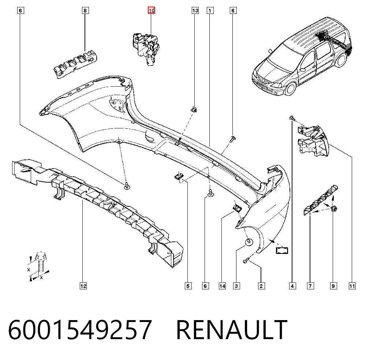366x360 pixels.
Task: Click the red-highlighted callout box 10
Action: coord(151,11)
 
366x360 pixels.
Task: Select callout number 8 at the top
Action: coord(85,11)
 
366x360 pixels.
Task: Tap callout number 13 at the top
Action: coord(195,11)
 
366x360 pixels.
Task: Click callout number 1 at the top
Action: coord(210,11)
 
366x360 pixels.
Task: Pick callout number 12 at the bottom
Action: coord(83,286)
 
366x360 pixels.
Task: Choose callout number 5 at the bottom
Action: coord(188,286)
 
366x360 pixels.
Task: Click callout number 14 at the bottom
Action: coord(222,286)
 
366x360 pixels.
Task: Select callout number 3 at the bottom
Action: coord(236,286)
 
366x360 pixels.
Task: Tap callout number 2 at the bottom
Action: coord(261,286)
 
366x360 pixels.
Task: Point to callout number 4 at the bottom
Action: coord(292,286)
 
